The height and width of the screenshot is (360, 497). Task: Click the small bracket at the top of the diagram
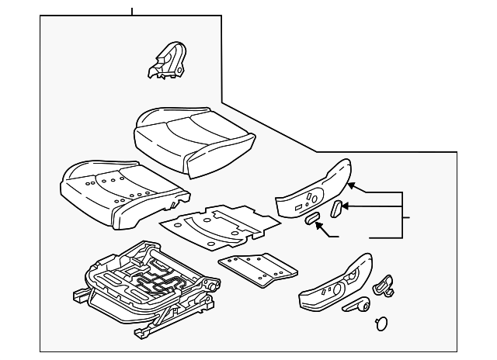168,61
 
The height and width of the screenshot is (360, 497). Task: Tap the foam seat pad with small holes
120,190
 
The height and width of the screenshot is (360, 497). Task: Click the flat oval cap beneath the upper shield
311,220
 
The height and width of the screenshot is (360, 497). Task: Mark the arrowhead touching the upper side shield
351,185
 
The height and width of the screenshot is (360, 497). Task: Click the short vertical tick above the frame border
132,11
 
